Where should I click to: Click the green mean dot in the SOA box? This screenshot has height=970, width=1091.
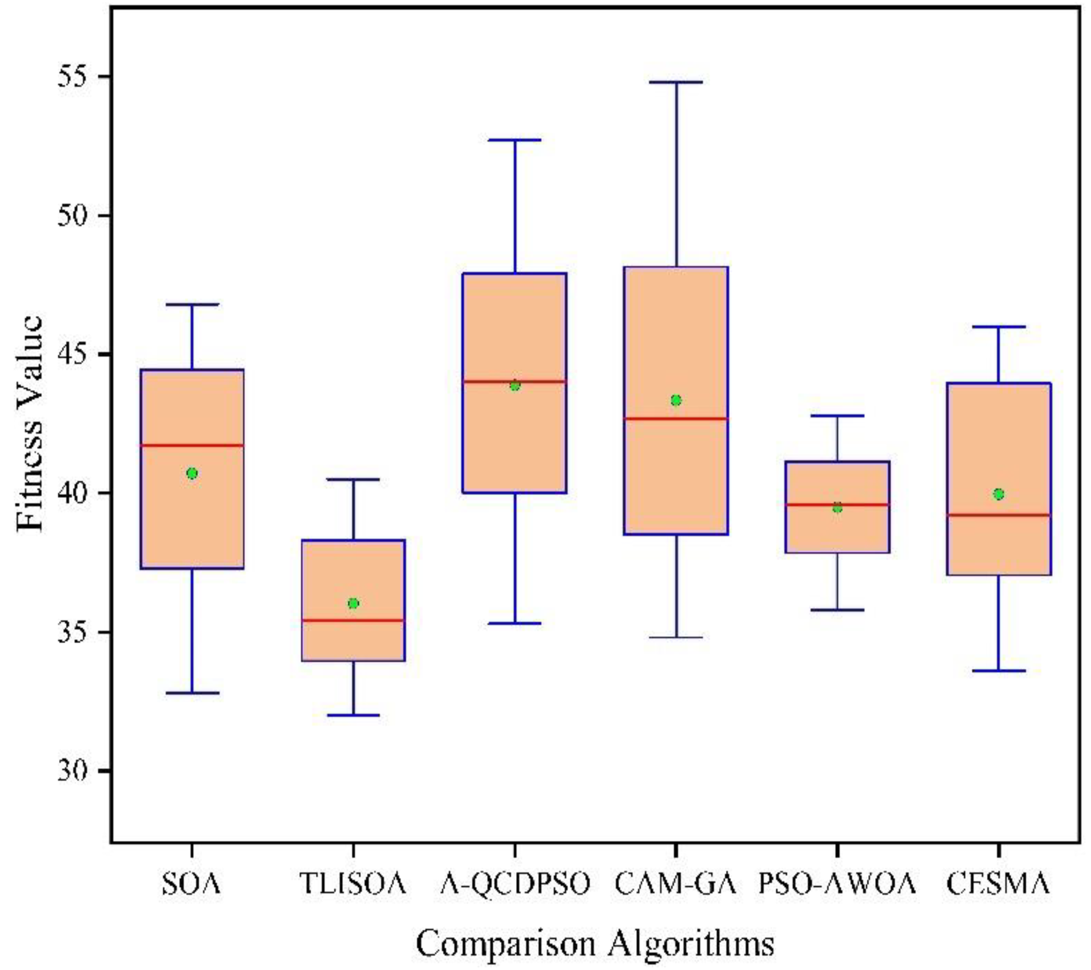point(192,473)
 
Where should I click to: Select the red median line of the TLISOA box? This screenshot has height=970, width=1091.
point(353,620)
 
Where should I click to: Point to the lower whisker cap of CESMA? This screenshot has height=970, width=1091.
point(999,671)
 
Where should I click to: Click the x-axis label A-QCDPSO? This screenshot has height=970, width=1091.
point(515,884)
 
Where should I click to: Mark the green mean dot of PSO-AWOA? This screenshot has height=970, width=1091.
point(837,508)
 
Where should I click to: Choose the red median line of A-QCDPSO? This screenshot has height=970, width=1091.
point(515,381)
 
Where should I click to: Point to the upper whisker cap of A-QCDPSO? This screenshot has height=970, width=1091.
point(515,140)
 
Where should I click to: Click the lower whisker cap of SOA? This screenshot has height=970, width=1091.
point(192,693)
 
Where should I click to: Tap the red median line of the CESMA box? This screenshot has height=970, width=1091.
point(999,515)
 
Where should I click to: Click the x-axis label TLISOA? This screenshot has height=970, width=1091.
point(353,884)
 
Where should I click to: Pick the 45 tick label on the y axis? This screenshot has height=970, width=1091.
point(76,354)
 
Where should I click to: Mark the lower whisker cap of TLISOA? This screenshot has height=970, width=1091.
point(353,715)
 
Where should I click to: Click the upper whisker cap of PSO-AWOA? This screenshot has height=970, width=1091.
point(837,415)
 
